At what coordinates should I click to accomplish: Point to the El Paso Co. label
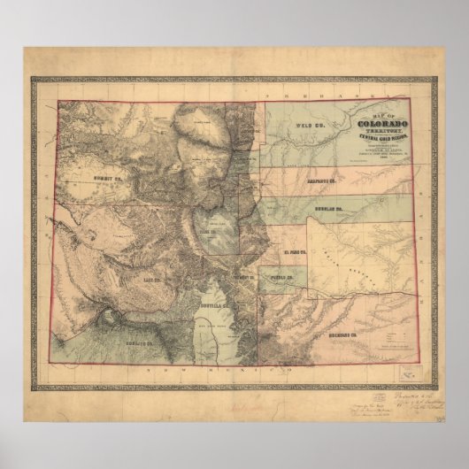pyautogui.click(x=294, y=252)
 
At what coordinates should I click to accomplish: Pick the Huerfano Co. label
pyautogui.click(x=342, y=335)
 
